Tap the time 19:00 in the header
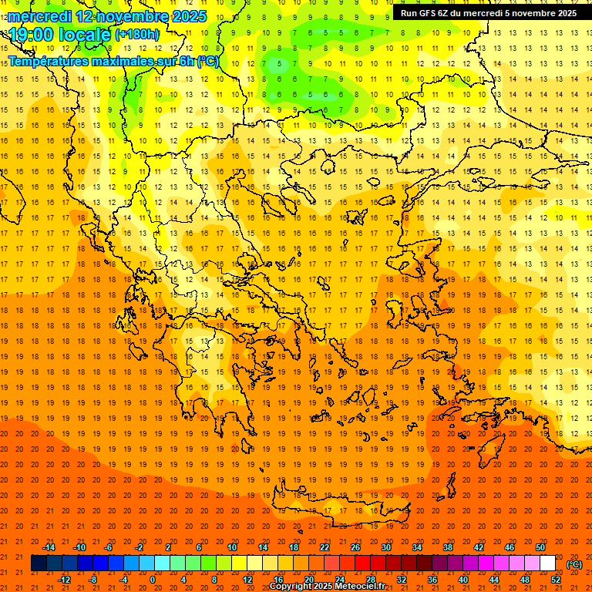[x=35, y=35]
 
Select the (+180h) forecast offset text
[x=137, y=35]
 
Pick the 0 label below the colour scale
[x=153, y=580]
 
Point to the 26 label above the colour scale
[x=355, y=547]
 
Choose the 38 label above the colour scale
[x=448, y=547]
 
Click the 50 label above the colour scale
[x=540, y=547]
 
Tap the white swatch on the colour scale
[x=547, y=563]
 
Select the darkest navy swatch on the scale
[x=39, y=563]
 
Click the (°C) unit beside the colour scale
[x=574, y=564]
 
